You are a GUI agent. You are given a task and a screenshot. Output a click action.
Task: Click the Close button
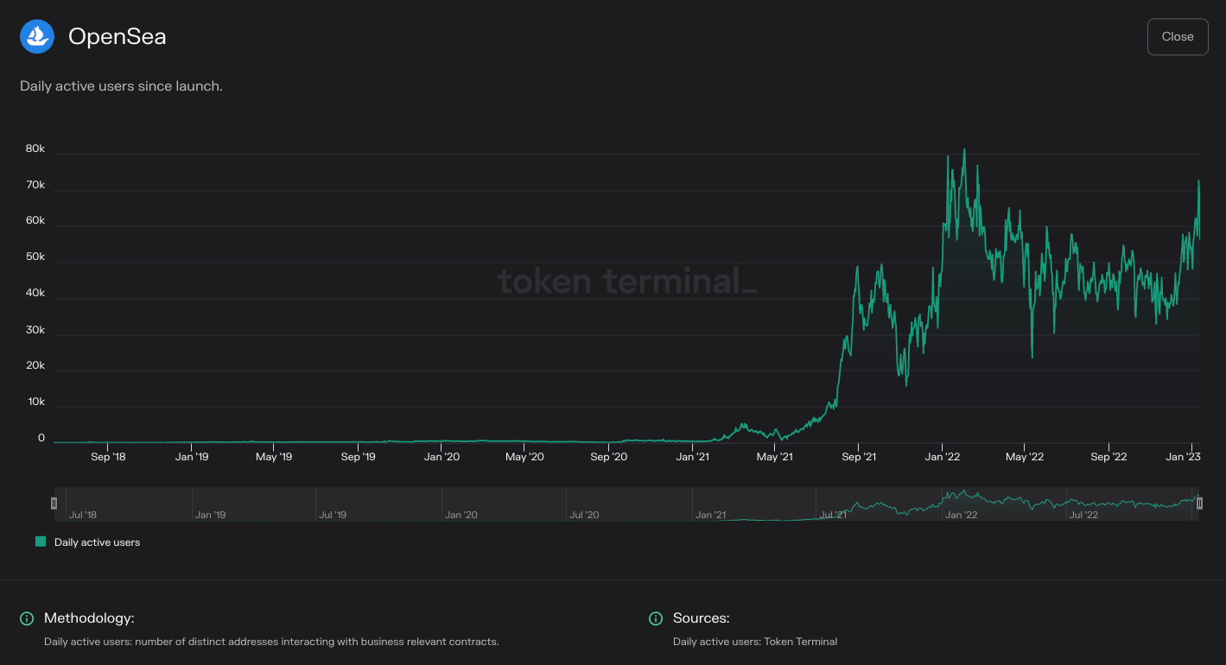coord(1177,36)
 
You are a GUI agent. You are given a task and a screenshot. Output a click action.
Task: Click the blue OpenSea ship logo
coord(37,36)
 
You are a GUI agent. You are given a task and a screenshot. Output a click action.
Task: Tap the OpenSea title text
coord(117,36)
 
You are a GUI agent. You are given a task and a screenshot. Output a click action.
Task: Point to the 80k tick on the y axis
coord(35,149)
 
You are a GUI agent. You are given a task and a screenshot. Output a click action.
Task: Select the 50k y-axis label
coord(35,257)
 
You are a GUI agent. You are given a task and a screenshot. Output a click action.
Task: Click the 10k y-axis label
coord(35,402)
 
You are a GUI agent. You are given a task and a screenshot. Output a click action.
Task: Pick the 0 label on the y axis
coord(41,438)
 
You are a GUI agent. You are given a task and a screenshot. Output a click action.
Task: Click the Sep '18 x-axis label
coord(108,457)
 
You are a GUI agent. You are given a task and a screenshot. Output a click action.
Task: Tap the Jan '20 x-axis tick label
coord(441,457)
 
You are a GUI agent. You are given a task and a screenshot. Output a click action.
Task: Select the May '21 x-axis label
coord(775,457)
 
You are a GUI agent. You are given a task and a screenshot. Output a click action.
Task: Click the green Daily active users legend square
coord(41,541)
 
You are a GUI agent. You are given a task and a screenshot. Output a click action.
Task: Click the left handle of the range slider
coord(54,503)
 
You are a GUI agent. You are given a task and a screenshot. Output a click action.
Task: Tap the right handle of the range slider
coord(1199,503)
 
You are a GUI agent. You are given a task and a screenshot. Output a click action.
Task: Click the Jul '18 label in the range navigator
coord(83,515)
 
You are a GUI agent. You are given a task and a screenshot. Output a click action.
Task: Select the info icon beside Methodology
coord(27,618)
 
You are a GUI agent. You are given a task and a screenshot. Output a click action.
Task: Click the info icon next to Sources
coord(656,618)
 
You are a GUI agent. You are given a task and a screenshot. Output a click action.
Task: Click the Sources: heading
coord(702,618)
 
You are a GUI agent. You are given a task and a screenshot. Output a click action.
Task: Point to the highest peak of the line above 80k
coord(964,150)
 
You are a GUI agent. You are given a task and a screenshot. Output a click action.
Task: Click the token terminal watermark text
coord(626,282)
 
